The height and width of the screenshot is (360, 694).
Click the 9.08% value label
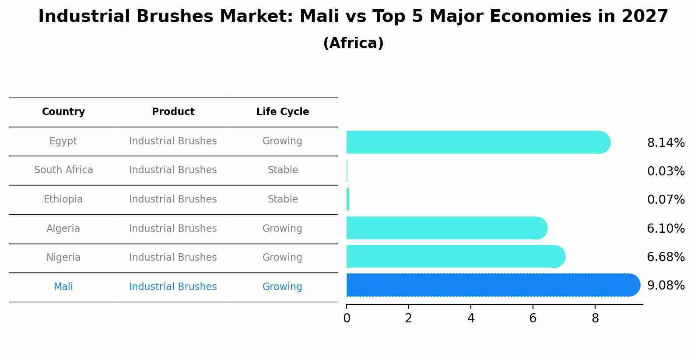click(666, 286)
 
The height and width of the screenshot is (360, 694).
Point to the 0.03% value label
click(666, 171)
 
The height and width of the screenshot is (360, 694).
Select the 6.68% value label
click(666, 257)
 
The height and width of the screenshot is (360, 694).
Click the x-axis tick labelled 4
click(471, 318)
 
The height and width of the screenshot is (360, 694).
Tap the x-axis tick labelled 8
click(595, 318)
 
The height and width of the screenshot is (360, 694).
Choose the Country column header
click(63, 112)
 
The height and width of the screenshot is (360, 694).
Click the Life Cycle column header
click(283, 112)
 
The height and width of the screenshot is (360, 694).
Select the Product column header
click(173, 112)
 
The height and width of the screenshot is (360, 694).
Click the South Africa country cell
click(63, 170)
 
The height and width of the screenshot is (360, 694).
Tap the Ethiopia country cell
click(63, 199)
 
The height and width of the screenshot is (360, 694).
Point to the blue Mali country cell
click(63, 287)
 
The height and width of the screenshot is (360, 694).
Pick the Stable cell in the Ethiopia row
click(283, 199)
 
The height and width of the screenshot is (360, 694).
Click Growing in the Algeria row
click(282, 228)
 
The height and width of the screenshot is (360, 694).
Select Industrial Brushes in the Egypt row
click(173, 141)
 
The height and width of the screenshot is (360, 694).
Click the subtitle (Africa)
click(353, 43)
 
